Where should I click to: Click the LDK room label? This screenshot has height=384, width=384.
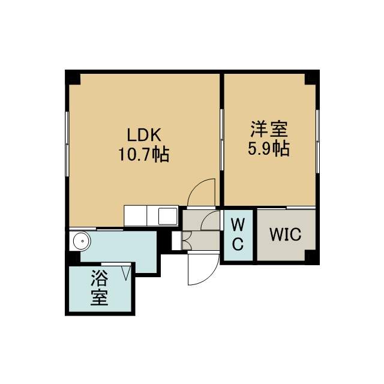(x=144, y=134)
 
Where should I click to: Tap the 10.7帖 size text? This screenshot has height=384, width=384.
(x=144, y=154)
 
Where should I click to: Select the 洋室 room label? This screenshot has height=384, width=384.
(x=269, y=129)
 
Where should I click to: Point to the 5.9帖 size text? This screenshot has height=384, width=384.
(x=269, y=148)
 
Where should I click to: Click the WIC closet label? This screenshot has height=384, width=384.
(x=286, y=234)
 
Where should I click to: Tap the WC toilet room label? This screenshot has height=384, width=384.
(x=238, y=235)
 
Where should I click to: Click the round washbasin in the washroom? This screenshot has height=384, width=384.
(x=82, y=241)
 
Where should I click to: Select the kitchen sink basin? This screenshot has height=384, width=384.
(x=168, y=216)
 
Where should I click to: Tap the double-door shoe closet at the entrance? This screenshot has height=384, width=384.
(x=187, y=241)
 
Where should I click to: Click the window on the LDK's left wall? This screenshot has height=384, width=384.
(x=67, y=144)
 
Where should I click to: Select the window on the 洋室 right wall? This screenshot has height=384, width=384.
(x=317, y=142)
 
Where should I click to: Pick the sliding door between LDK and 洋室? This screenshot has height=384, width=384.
(x=221, y=140)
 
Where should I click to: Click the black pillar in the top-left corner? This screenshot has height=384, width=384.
(x=73, y=77)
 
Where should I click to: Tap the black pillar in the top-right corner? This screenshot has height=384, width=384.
(x=312, y=77)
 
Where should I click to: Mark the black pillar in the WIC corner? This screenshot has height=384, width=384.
(x=312, y=257)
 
